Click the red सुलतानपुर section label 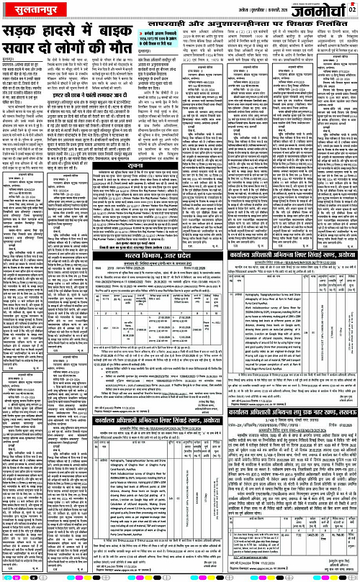click(26, 10)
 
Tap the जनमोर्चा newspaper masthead click(322, 9)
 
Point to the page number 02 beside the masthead click(353, 9)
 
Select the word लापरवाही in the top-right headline click(208, 28)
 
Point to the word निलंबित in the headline click(338, 28)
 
